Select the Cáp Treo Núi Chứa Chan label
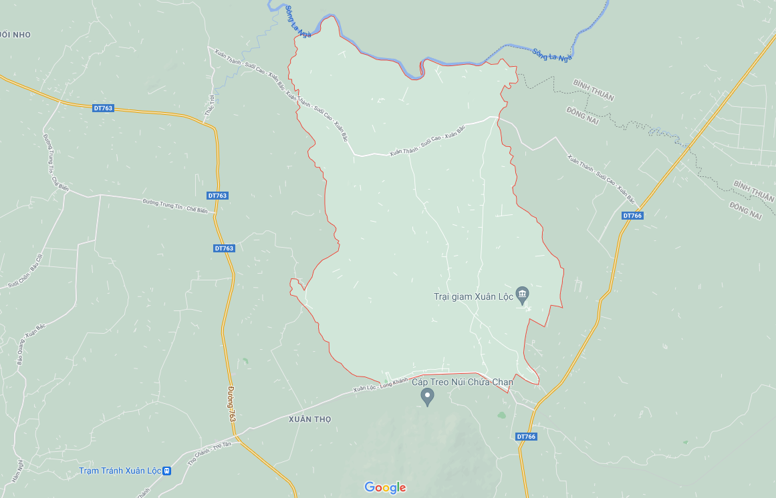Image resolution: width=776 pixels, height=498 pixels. pyautogui.click(x=462, y=382)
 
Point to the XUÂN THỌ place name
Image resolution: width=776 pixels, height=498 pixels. pyautogui.click(x=310, y=419)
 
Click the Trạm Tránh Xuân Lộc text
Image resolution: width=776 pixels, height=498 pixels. pyautogui.click(x=120, y=471)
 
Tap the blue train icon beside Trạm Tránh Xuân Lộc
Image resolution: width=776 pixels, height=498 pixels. pyautogui.click(x=167, y=471)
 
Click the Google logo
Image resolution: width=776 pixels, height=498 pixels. pyautogui.click(x=385, y=487)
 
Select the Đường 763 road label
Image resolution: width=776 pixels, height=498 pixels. pyautogui.click(x=231, y=404)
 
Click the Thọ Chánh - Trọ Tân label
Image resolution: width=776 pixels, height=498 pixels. pyautogui.click(x=209, y=453)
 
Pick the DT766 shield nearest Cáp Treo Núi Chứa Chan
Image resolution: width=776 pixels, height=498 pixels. pyautogui.click(x=526, y=437)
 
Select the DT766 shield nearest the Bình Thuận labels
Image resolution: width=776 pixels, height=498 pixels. pyautogui.click(x=632, y=216)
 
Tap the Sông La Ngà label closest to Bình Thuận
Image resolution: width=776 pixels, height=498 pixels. pyautogui.click(x=552, y=54)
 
